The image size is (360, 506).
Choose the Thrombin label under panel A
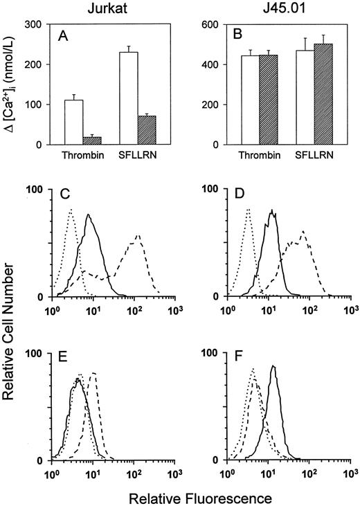[82, 157]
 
